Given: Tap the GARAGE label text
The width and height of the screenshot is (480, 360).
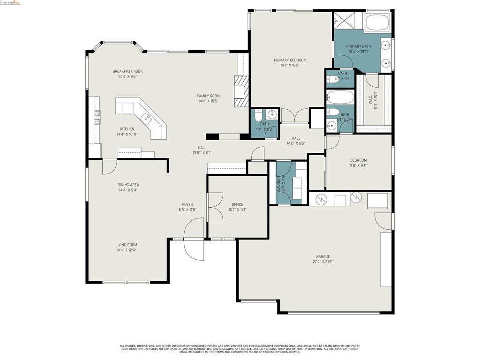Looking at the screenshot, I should click(322, 256).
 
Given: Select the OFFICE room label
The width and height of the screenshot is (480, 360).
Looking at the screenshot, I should click(237, 204).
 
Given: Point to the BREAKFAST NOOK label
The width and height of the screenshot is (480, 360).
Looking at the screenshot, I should click(127, 71).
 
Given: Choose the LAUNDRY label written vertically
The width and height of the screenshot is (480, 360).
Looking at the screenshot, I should click(278, 183).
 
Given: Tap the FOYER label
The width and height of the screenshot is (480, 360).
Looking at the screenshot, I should click(187, 204).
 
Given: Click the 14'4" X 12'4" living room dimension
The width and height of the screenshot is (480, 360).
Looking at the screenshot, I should click(127, 250).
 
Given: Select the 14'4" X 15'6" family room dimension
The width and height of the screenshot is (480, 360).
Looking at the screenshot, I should click(208, 101).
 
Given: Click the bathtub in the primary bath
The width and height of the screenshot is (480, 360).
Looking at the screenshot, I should click(377, 22).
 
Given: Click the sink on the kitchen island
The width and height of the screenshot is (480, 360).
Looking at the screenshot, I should click(146, 118).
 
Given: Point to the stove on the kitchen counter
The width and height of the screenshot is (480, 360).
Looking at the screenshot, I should click(97, 117).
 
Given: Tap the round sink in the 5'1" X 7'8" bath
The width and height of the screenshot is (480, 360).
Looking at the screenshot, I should click(332, 126).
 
